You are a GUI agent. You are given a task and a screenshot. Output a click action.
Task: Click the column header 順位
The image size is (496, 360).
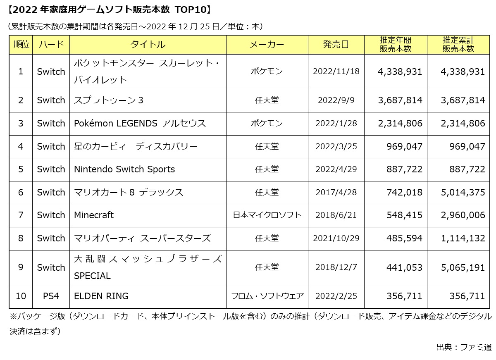click(x=21, y=45)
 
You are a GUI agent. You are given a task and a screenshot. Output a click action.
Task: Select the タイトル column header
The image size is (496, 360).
click(x=148, y=45)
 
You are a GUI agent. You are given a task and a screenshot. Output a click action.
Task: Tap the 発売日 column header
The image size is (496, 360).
click(x=336, y=45)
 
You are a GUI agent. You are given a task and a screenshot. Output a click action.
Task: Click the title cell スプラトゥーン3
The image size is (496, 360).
click(x=109, y=100)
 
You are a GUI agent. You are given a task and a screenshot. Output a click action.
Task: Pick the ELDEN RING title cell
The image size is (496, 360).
click(x=101, y=296)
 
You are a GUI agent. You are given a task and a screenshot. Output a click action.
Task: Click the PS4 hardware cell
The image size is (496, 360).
click(x=51, y=296)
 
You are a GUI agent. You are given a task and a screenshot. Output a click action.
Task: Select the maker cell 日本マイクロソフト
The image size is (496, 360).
click(x=267, y=215)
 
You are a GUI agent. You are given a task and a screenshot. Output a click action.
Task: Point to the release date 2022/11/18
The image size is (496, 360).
click(x=336, y=71)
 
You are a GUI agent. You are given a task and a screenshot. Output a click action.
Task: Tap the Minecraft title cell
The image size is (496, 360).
click(x=94, y=215)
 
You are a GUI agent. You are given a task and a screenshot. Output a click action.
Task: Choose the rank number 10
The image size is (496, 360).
click(x=21, y=296)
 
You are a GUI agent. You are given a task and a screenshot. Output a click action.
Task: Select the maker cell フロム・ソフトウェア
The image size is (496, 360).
click(x=267, y=296)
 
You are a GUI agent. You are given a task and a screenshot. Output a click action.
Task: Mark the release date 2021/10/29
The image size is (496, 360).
click(x=336, y=238)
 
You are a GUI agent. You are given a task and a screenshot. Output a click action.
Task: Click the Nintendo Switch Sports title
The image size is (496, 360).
click(x=124, y=169)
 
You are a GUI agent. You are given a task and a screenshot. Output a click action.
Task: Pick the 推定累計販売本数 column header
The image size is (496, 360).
click(x=458, y=45)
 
